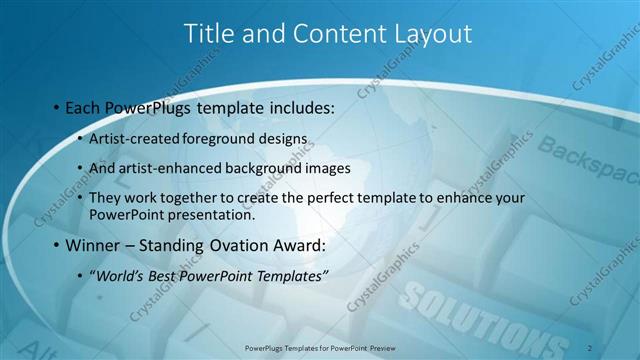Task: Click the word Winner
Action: (x=91, y=245)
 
